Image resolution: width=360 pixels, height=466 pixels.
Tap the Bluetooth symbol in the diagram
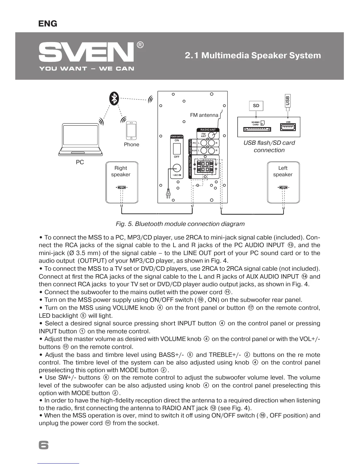[x=114, y=98]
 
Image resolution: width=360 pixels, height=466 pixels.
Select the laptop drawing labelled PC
[x=80, y=140]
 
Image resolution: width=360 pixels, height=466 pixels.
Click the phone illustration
[x=131, y=131]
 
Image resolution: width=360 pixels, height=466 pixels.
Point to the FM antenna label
[x=204, y=115]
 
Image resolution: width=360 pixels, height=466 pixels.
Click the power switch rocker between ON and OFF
[x=176, y=149]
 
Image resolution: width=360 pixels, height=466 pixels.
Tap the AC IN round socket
[x=177, y=168]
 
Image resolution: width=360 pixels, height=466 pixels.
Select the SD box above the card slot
[x=256, y=106]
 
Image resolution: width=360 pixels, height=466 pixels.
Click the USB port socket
[x=288, y=128]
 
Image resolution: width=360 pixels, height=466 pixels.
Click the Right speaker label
[x=121, y=171]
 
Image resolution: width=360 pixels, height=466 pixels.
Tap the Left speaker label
[x=283, y=171]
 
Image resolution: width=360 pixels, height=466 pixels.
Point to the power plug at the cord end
[x=168, y=194]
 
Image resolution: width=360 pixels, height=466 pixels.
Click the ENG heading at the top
[x=48, y=24]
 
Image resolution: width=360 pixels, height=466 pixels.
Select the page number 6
[x=44, y=445]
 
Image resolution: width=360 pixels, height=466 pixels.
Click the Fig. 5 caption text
[x=180, y=224]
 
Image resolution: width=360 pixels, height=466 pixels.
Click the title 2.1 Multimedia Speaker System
[x=253, y=55]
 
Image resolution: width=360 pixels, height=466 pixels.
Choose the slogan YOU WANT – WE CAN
[x=87, y=69]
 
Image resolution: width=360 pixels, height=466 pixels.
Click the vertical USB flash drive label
[x=287, y=101]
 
